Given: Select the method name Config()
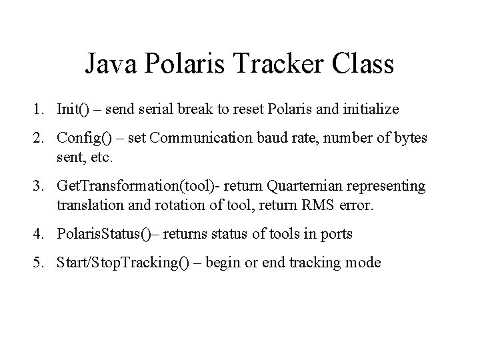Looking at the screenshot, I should click(85, 139).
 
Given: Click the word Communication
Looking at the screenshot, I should click(201, 139).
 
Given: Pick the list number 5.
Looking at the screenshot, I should click(41, 262).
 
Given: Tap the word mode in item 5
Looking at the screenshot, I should click(365, 262).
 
